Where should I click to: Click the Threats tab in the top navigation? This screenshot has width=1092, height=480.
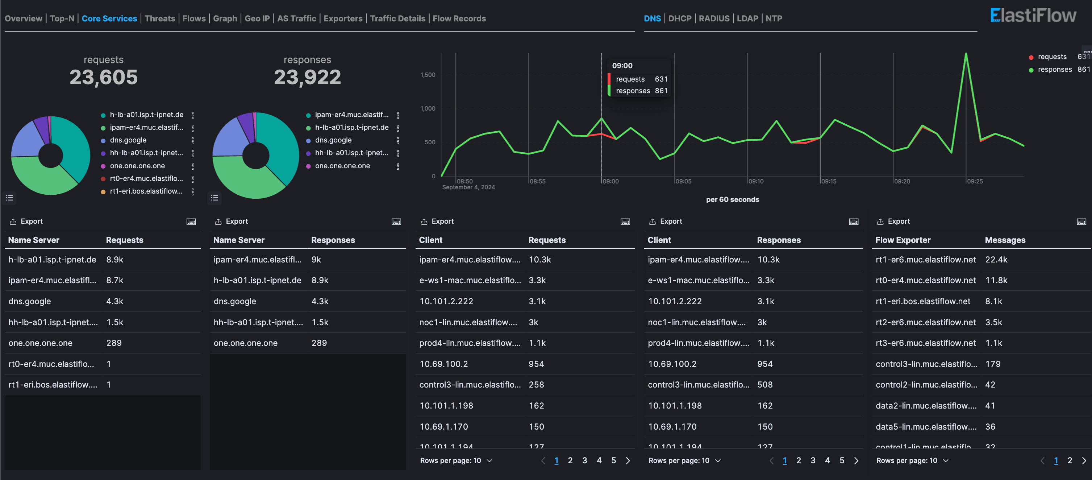pyautogui.click(x=159, y=18)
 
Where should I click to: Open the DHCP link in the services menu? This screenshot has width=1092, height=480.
pyautogui.click(x=680, y=18)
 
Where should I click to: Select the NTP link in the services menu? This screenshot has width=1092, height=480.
pyautogui.click(x=773, y=18)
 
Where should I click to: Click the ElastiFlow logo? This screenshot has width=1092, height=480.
pyautogui.click(x=1033, y=16)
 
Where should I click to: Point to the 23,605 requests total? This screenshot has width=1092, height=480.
pyautogui.click(x=103, y=77)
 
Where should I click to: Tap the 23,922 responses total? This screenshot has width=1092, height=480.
pyautogui.click(x=307, y=77)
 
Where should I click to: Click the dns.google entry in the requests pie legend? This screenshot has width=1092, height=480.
pyautogui.click(x=128, y=140)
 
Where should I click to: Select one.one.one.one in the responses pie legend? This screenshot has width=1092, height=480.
pyautogui.click(x=342, y=166)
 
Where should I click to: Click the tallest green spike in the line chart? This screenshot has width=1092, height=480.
pyautogui.click(x=966, y=54)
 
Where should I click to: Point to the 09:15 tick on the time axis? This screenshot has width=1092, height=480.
pyautogui.click(x=828, y=181)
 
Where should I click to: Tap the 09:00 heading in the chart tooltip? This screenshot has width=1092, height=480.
pyautogui.click(x=622, y=66)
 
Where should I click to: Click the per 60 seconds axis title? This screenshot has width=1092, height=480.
pyautogui.click(x=732, y=199)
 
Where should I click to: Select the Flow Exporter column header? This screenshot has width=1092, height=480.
pyautogui.click(x=903, y=240)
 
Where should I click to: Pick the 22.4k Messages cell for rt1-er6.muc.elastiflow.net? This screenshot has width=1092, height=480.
pyautogui.click(x=996, y=260)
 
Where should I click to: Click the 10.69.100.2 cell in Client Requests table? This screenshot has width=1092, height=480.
pyautogui.click(x=443, y=364)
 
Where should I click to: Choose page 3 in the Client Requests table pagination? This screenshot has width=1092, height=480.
pyautogui.click(x=584, y=460)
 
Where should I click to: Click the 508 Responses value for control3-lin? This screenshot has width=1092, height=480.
pyautogui.click(x=764, y=385)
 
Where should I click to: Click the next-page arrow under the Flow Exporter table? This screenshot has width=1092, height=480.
pyautogui.click(x=1084, y=460)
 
